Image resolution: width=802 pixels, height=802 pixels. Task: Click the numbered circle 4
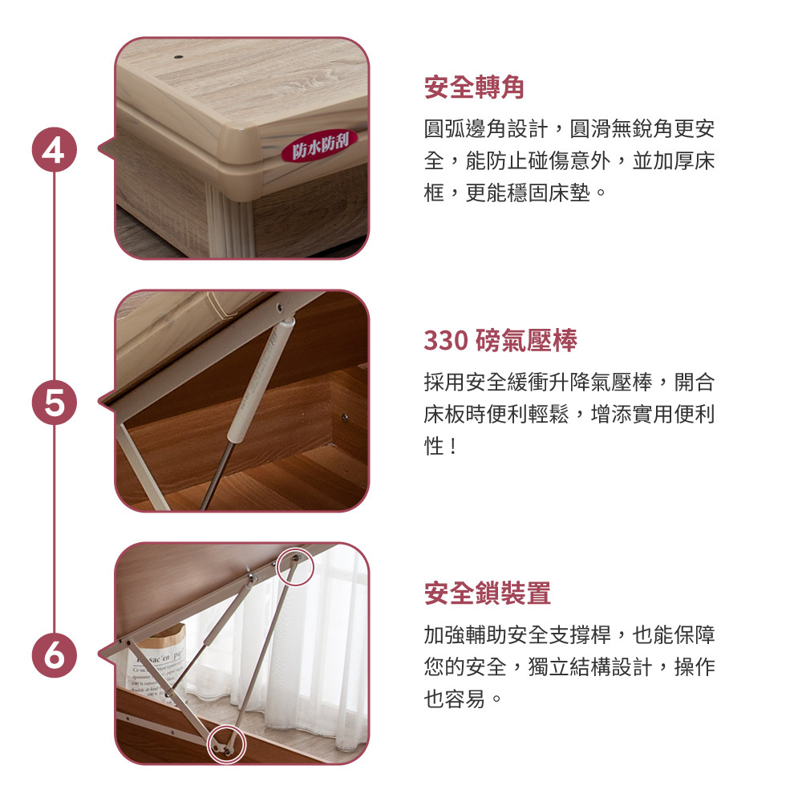[55, 149]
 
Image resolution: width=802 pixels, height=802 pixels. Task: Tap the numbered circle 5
[55, 402]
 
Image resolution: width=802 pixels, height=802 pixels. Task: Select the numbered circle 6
[55, 655]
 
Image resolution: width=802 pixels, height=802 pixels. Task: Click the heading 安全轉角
[474, 87]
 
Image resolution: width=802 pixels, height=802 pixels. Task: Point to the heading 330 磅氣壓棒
[500, 340]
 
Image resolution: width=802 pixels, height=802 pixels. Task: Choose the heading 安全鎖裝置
[488, 593]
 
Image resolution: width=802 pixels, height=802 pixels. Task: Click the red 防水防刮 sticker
[320, 146]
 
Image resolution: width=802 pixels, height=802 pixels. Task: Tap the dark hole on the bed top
[178, 56]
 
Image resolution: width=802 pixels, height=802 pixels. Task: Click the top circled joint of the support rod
[294, 566]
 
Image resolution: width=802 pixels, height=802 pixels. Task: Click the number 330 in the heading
[445, 341]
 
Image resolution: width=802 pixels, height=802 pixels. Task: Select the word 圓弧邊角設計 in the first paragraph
[485, 129]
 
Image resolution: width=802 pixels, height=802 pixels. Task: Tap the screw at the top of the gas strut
[280, 307]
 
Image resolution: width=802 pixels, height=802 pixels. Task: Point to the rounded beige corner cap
[241, 153]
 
